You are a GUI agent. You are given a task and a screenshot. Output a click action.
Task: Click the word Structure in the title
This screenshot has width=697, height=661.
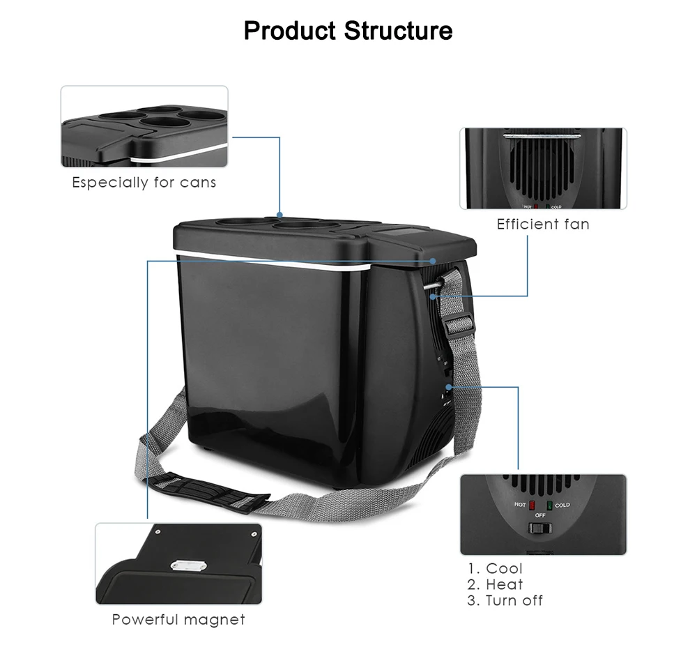point(398,31)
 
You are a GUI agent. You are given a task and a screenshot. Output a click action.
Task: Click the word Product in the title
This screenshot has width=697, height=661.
point(289,31)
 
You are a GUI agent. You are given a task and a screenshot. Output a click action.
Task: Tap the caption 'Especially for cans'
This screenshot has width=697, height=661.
point(144,183)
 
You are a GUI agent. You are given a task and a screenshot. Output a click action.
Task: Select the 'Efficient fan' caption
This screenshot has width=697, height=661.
point(543,224)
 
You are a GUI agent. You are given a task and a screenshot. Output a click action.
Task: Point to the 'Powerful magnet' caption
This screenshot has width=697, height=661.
point(178,619)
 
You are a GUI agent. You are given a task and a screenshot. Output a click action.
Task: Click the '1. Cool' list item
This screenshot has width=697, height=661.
point(495,568)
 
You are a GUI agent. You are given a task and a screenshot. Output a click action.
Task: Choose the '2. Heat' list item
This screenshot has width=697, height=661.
point(495,584)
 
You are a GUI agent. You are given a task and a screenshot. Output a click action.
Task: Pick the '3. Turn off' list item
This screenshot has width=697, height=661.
point(505,600)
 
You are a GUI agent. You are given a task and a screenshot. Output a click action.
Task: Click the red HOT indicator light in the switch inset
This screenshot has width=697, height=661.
point(532,506)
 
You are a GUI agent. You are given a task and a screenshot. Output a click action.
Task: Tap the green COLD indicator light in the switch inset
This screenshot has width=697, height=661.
point(549,506)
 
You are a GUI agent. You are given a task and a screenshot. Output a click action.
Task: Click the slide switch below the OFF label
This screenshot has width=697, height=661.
point(539,528)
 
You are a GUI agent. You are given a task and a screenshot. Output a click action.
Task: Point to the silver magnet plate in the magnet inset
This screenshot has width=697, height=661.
point(189,565)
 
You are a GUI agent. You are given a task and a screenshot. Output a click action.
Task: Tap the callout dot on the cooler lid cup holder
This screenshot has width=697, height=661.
point(279,215)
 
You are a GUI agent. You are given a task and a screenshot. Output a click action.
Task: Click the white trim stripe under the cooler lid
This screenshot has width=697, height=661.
point(273,261)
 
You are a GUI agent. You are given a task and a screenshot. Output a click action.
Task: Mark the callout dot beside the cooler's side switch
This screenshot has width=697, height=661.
point(449,387)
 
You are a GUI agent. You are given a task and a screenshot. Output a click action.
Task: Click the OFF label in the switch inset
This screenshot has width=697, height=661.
point(540,515)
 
